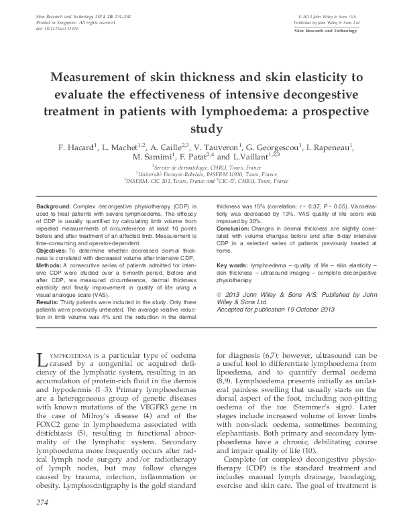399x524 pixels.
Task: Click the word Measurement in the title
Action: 102,75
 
